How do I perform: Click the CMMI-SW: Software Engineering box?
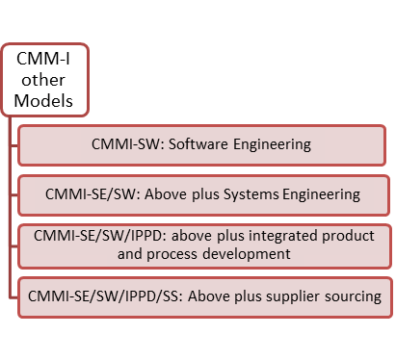tap(203, 145)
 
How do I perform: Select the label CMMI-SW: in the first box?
tap(126, 145)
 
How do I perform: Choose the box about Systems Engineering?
tap(203, 194)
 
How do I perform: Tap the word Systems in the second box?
tap(251, 194)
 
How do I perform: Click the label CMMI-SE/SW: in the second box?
tap(89, 194)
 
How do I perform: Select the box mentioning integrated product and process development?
tap(203, 244)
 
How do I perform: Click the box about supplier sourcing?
tap(203, 294)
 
